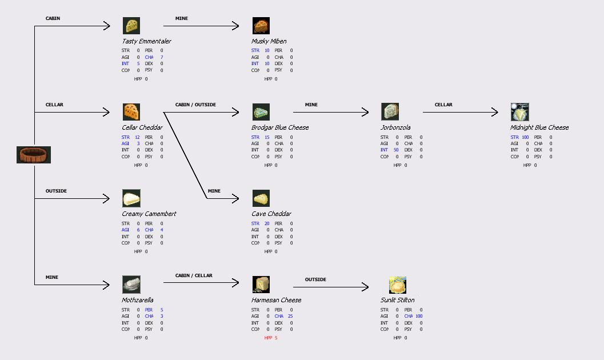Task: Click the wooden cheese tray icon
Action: (x=34, y=155)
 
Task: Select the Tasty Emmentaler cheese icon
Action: (x=131, y=26)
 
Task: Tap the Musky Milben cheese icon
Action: (x=261, y=26)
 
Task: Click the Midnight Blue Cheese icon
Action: (x=520, y=112)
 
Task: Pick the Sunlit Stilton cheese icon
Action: (x=397, y=285)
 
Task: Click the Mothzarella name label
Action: (x=138, y=300)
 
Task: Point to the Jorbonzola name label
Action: (x=395, y=127)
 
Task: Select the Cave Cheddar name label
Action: (x=271, y=214)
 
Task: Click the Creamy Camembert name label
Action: (x=149, y=214)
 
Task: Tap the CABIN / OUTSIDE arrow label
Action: (x=195, y=105)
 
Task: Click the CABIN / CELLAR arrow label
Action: (x=194, y=275)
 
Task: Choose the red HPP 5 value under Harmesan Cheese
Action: (x=271, y=338)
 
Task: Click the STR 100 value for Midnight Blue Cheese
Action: (x=519, y=137)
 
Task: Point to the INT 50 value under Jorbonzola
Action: (x=390, y=150)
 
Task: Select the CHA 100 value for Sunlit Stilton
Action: (x=414, y=316)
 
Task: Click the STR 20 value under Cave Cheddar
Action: (x=261, y=223)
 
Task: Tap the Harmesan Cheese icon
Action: (x=261, y=285)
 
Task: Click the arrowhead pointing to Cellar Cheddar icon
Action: (x=106, y=113)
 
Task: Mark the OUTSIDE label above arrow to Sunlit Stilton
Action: (x=315, y=279)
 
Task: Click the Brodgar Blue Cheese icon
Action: (x=261, y=112)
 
